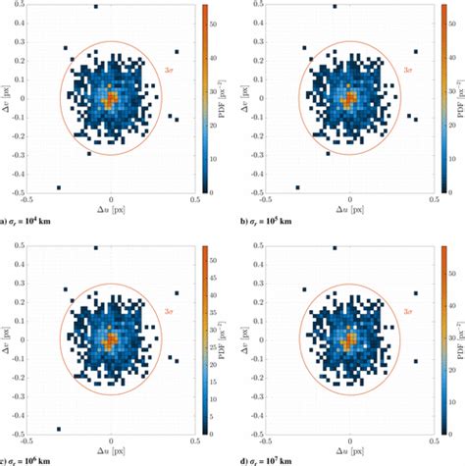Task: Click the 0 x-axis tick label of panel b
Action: [350, 199]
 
